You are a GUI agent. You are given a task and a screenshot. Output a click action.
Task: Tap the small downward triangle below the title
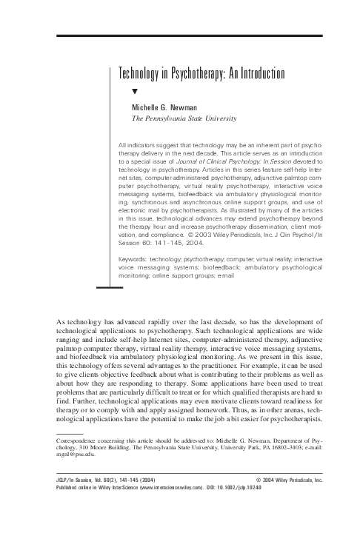click(135, 92)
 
